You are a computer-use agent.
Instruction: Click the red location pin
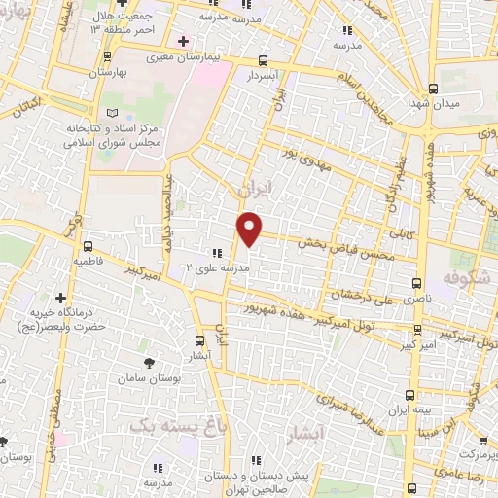coord(250,228)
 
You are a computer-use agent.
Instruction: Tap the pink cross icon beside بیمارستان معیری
coord(184,41)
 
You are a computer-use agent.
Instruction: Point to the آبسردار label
coord(262,75)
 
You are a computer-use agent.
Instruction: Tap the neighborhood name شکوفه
coord(463,279)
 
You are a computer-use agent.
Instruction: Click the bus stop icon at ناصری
coord(417,284)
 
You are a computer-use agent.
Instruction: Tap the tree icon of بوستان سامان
coord(148,363)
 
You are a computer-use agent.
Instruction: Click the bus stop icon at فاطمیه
coord(89,246)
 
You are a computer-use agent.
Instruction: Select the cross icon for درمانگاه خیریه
coord(61,298)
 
